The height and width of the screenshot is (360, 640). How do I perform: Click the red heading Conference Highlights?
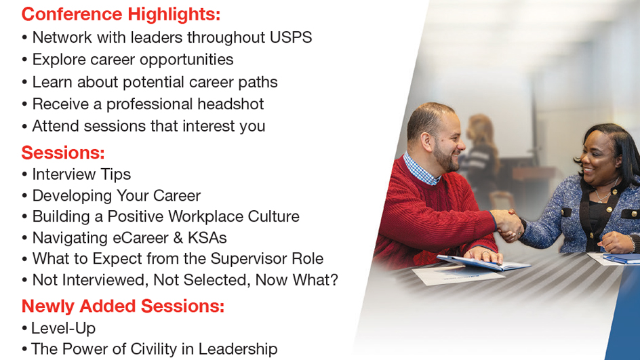(121, 14)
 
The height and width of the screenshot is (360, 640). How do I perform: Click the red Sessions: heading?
(62, 152)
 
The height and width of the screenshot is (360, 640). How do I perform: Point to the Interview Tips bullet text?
(81, 174)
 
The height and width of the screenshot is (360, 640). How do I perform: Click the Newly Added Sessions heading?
(123, 306)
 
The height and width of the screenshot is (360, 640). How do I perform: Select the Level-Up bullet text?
(63, 328)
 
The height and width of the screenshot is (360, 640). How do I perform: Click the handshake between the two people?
(508, 221)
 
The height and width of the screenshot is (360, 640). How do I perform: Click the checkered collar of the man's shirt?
(420, 170)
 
